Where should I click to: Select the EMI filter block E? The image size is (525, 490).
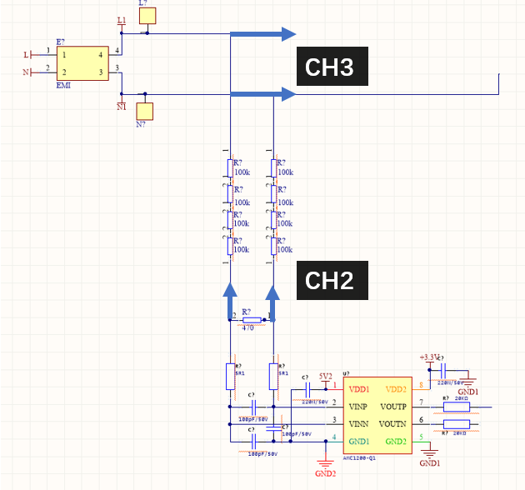click(82, 63)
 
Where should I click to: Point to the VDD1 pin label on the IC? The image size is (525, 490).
click(360, 388)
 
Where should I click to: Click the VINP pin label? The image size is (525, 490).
click(360, 406)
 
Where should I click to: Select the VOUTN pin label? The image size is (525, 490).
click(392, 423)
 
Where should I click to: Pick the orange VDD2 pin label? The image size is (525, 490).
click(395, 388)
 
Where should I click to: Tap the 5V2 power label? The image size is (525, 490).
click(325, 375)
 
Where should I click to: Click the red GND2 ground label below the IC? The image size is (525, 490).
click(325, 473)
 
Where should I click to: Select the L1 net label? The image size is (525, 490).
click(122, 20)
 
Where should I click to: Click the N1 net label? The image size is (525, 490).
click(122, 107)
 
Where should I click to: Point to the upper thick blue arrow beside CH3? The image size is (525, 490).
click(263, 34)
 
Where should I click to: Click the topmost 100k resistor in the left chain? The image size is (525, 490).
click(229, 167)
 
